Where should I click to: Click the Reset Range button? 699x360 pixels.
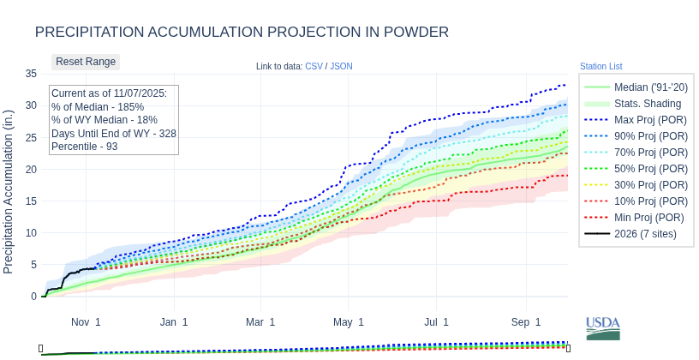point(86,62)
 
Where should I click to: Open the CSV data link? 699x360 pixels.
point(314,66)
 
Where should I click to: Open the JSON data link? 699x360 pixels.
point(341,66)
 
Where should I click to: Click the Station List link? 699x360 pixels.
point(600,66)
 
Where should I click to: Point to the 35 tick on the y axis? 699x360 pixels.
point(31,74)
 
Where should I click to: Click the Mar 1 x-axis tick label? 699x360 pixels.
point(260,322)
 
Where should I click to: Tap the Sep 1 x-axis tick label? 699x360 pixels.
point(526,322)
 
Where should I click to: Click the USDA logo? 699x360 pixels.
point(602,328)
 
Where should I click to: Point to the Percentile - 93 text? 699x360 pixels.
point(85,147)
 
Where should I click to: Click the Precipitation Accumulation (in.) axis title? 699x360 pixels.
point(9,191)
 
